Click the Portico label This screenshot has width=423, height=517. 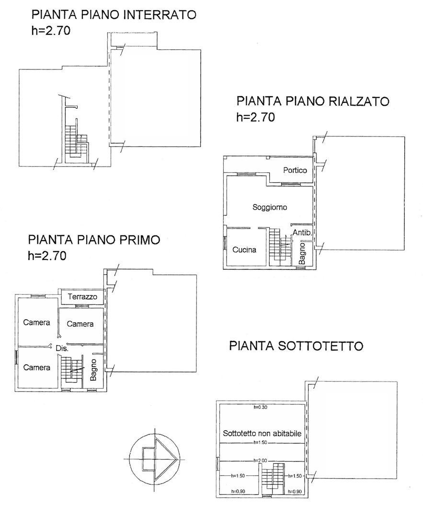295,170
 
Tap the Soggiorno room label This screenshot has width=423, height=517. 270,207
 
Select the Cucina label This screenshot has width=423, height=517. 244,249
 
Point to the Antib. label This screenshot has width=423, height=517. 302,233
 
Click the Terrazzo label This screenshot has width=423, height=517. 82,296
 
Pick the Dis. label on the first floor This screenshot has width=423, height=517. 62,348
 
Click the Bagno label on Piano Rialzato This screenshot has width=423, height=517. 302,253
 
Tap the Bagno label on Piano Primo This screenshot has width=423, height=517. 94,370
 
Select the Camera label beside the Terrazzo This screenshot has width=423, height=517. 80,324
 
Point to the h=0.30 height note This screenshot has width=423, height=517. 261,407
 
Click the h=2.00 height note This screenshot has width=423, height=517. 260,461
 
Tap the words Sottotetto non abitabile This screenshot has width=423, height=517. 262,433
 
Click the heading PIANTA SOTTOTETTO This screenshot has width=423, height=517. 296,346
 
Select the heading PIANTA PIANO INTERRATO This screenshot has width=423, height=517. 114,14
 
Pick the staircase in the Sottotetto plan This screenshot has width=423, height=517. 273,477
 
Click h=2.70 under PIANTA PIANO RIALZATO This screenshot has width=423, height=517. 255,117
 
